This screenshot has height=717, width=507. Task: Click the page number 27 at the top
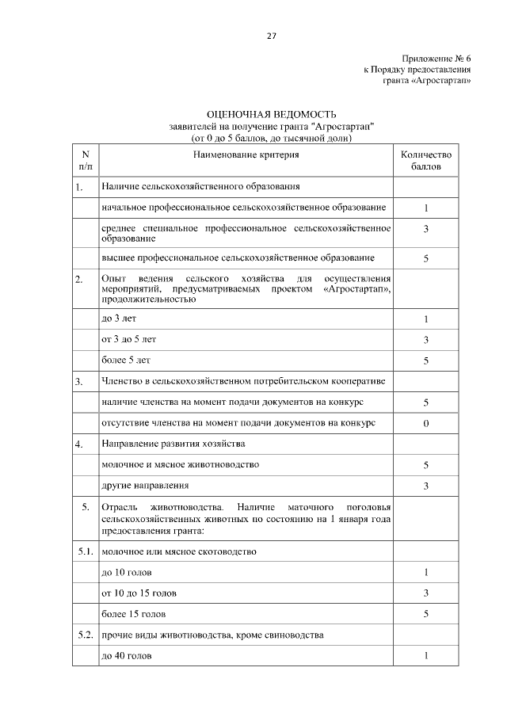pos(272,36)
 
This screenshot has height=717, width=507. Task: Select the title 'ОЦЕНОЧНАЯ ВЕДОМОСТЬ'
pos(272,116)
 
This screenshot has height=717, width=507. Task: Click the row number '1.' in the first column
pos(79,188)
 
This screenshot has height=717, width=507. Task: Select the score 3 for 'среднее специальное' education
pos(425,229)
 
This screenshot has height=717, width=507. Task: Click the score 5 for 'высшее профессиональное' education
pos(425,258)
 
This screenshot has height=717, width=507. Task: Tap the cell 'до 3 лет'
pos(115,318)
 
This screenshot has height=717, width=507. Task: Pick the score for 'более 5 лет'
pos(425,360)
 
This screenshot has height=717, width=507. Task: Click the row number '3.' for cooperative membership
pos(79,382)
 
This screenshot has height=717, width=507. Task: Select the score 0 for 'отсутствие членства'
pos(425,423)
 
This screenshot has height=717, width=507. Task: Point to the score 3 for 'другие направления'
pos(425,485)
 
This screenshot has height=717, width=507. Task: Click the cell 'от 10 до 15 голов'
pos(139,593)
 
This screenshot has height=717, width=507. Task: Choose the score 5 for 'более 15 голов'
pos(425,613)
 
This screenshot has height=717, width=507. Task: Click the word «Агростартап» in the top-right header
pos(446,81)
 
